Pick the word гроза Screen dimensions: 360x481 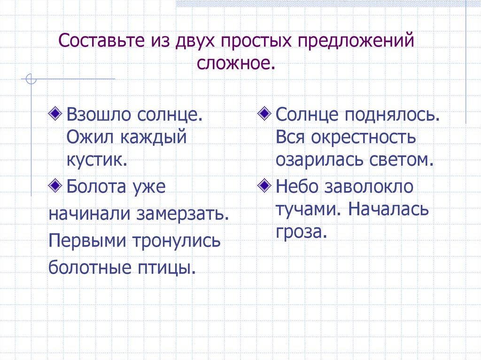point(301,231)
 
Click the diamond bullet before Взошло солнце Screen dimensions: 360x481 point(56,113)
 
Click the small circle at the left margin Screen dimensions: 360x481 point(31,79)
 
